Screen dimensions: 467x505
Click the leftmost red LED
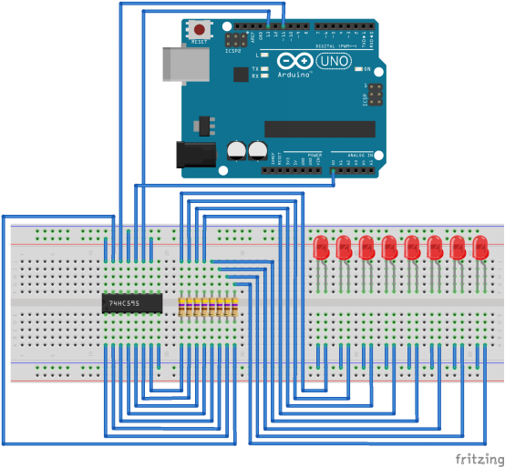(x=322, y=247)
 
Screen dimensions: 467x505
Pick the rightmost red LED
(x=479, y=247)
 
